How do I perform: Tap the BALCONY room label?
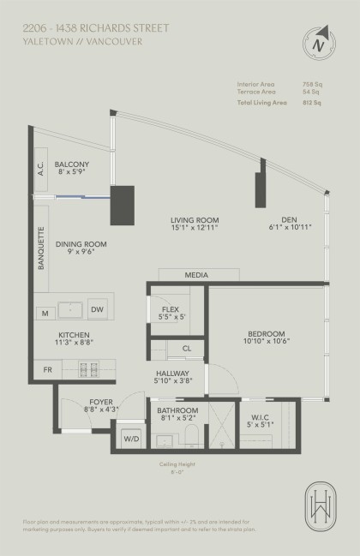pos(72,164)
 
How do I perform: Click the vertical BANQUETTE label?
pos(40,249)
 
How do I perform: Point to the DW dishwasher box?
pos(97,309)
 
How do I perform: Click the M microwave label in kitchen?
pos(45,314)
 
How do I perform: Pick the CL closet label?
pos(186,349)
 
